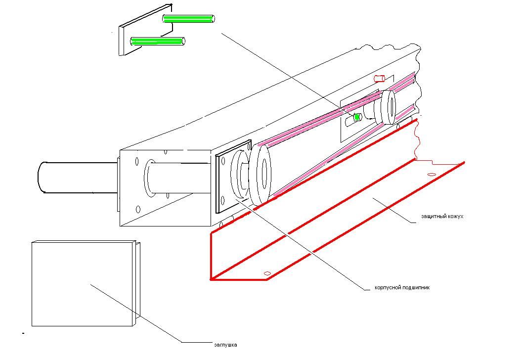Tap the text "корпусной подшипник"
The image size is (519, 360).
402,287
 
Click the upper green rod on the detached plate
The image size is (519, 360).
189,19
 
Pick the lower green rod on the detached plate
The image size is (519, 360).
157,42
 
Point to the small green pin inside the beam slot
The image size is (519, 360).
356,117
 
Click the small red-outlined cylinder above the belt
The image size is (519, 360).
380,78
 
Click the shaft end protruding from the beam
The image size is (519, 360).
54,177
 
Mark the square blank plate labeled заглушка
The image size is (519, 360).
82,284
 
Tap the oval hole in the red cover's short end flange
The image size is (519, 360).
268,273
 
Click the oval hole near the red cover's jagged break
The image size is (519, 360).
431,175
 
